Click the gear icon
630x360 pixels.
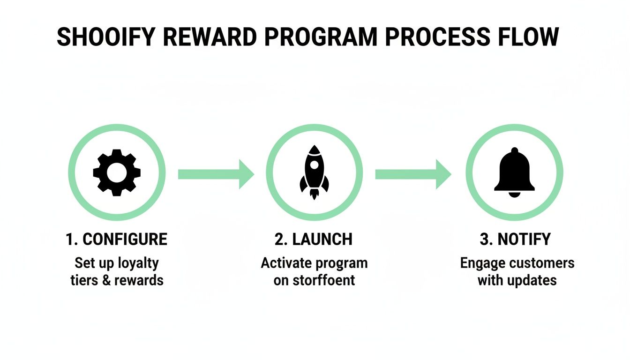(117, 173)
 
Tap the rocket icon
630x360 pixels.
(314, 173)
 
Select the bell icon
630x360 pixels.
(514, 174)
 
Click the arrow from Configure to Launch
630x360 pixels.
(216, 174)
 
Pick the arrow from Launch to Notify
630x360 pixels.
(413, 174)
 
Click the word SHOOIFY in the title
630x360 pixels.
(106, 37)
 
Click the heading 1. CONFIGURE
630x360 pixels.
(117, 239)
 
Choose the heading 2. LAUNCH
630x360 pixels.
(314, 239)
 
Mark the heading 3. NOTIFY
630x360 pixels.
(515, 239)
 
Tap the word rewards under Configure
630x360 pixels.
(141, 280)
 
